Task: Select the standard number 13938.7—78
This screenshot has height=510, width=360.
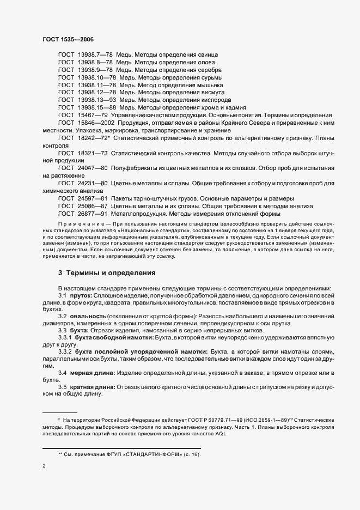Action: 95,55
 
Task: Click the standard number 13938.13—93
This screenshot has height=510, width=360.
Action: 97,100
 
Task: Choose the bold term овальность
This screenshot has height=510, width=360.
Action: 88,317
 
